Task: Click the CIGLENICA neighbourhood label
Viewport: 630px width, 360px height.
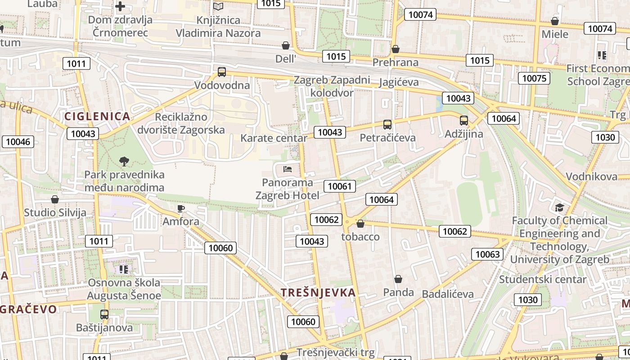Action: [97, 117]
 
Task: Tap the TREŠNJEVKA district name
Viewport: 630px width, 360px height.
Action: [319, 292]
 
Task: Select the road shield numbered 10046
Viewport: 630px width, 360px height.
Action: [18, 142]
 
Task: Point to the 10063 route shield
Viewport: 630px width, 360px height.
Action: [488, 254]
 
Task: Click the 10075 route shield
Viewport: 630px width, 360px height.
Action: [534, 78]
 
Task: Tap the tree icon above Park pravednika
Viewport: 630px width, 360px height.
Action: [124, 161]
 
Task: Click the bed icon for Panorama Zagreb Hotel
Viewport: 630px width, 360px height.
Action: [288, 169]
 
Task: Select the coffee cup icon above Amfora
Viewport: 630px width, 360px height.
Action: [181, 208]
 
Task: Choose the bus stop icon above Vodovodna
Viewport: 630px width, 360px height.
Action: [221, 72]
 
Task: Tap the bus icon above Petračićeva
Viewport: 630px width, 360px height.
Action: [387, 124]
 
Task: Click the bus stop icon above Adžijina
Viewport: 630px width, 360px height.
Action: [464, 121]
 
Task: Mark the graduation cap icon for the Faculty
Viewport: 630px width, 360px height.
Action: [559, 207]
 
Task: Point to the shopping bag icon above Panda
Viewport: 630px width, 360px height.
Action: [398, 279]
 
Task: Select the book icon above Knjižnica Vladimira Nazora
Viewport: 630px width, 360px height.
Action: [218, 7]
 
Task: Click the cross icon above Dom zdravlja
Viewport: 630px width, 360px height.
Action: [120, 6]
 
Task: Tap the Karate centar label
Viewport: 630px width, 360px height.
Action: [274, 138]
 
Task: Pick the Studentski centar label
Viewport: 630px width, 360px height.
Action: [543, 279]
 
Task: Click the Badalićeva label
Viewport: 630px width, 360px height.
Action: [448, 294]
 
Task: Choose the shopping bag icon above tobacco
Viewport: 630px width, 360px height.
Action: [360, 223]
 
